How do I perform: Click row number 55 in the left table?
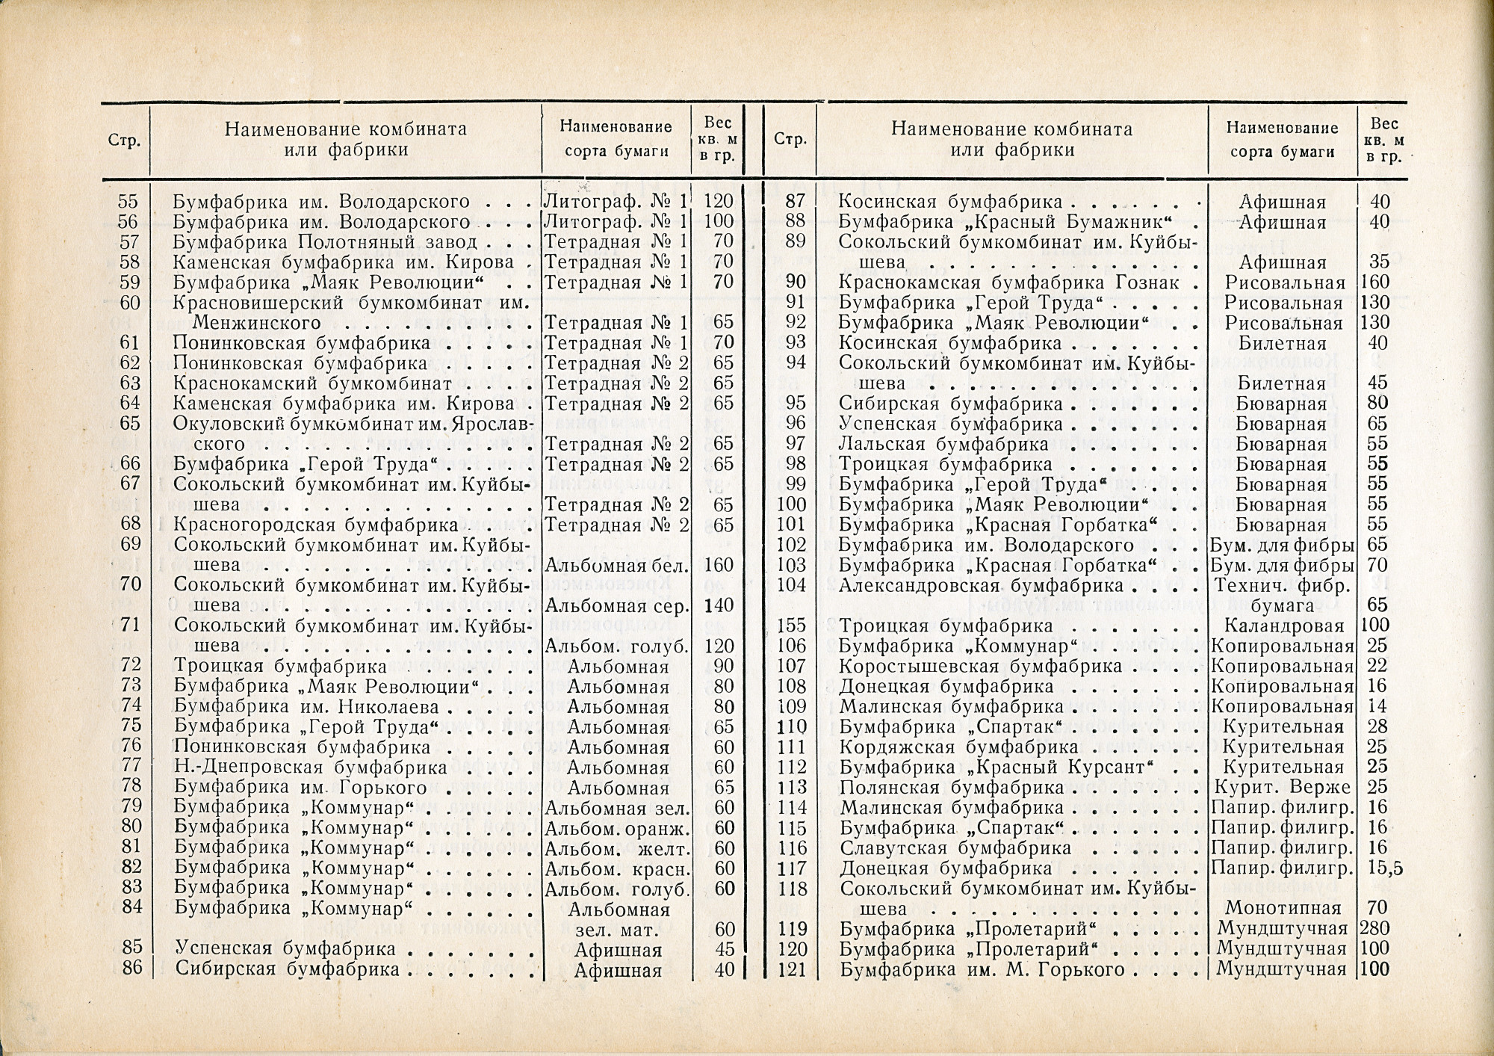point(128,202)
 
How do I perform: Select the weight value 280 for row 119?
point(1375,929)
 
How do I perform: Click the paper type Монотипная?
point(1281,909)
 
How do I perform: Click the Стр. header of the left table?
point(125,141)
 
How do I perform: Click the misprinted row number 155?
point(791,626)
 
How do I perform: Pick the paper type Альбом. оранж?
point(617,828)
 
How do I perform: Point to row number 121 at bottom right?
point(792,969)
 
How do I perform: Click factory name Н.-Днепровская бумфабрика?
point(311,767)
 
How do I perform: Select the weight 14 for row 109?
point(1377,706)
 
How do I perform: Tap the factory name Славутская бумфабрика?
point(955,848)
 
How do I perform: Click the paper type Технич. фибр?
point(1281,585)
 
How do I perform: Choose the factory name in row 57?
point(325,242)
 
